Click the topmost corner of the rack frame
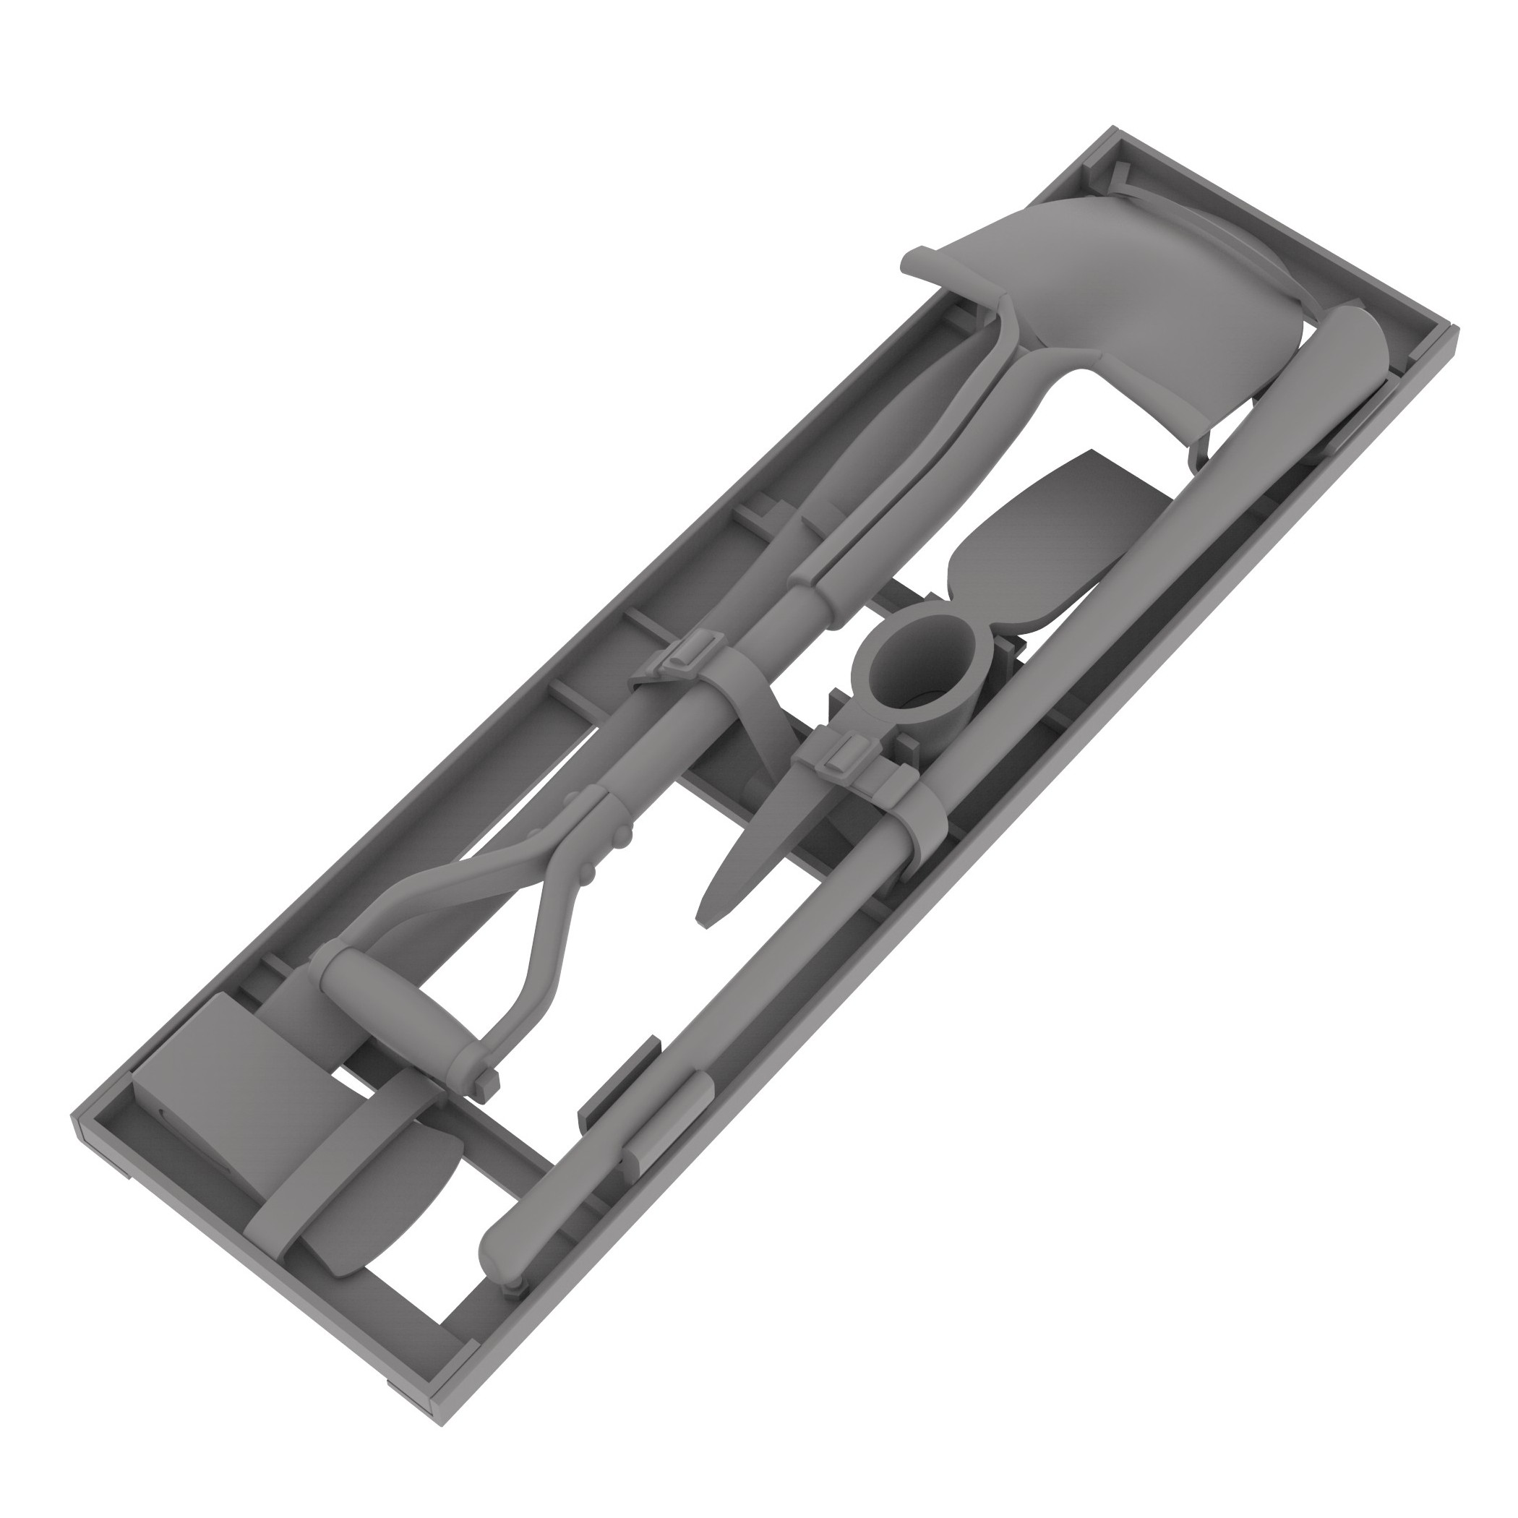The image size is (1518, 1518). (1112, 129)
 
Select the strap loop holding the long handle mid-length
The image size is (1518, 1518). (927, 825)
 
